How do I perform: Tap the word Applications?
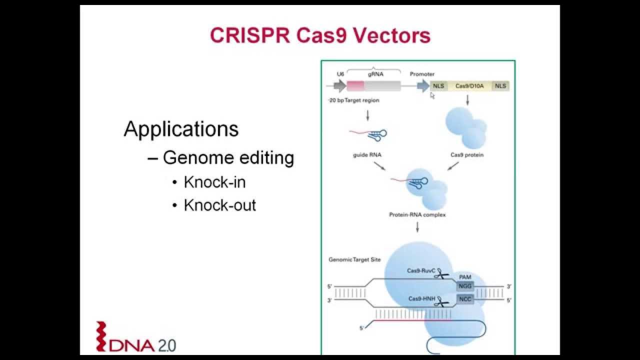coord(181,128)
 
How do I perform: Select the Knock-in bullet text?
coord(214,182)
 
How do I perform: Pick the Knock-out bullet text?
coord(219,205)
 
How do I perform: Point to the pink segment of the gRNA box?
coord(355,85)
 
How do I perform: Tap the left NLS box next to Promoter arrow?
coord(438,86)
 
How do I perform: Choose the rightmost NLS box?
coord(500,86)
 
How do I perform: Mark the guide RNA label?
coord(367,155)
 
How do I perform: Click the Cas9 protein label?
coord(467,155)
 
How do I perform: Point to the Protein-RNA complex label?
coord(417,215)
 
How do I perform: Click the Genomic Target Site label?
coord(354,259)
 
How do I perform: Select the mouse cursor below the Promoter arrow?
coord(432,95)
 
